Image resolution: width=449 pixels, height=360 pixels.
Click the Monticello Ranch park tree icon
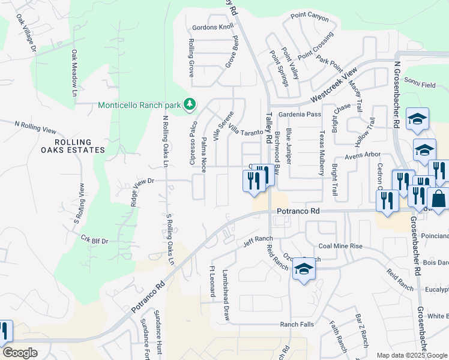[x=190, y=105]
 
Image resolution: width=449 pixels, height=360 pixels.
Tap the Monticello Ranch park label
[x=139, y=105]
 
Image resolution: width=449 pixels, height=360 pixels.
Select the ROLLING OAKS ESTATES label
[x=82, y=146]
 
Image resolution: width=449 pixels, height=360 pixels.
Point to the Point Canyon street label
[x=310, y=17]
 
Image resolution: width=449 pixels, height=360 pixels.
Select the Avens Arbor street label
[x=363, y=155]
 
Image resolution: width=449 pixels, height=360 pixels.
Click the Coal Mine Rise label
[x=340, y=246]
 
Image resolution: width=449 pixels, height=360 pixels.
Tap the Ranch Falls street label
[x=297, y=325]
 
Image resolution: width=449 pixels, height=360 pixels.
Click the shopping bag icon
[x=438, y=199]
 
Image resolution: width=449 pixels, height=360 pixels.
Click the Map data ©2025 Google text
[x=412, y=355]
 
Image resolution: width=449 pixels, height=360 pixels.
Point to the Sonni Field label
[x=420, y=85]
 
